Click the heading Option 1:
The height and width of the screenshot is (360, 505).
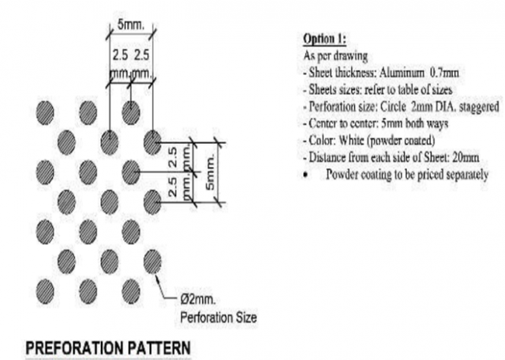click(x=325, y=39)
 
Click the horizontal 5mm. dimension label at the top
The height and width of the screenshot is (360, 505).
click(x=131, y=24)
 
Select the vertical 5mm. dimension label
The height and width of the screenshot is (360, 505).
click(x=209, y=172)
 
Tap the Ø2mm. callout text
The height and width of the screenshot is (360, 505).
click(x=198, y=300)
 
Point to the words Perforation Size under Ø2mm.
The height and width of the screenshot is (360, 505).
click(x=218, y=318)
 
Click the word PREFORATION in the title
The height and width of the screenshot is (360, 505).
click(x=74, y=348)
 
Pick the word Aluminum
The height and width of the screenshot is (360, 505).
click(x=402, y=73)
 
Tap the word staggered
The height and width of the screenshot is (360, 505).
click(x=479, y=107)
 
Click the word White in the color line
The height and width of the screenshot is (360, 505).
click(x=351, y=140)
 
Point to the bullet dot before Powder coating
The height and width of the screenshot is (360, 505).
click(x=306, y=175)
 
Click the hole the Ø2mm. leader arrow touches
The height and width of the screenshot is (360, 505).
click(x=152, y=261)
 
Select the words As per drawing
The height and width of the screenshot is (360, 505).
click(x=335, y=56)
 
